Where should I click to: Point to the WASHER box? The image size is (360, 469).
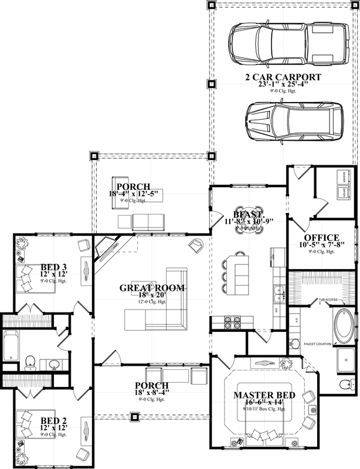click(341, 177)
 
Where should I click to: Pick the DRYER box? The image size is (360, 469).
click(341, 192)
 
